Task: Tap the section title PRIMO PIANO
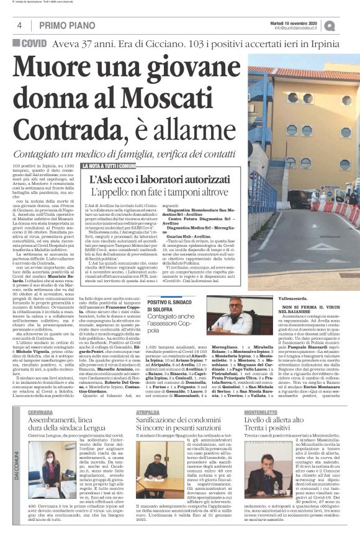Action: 66,25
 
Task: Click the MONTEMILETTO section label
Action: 263,412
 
